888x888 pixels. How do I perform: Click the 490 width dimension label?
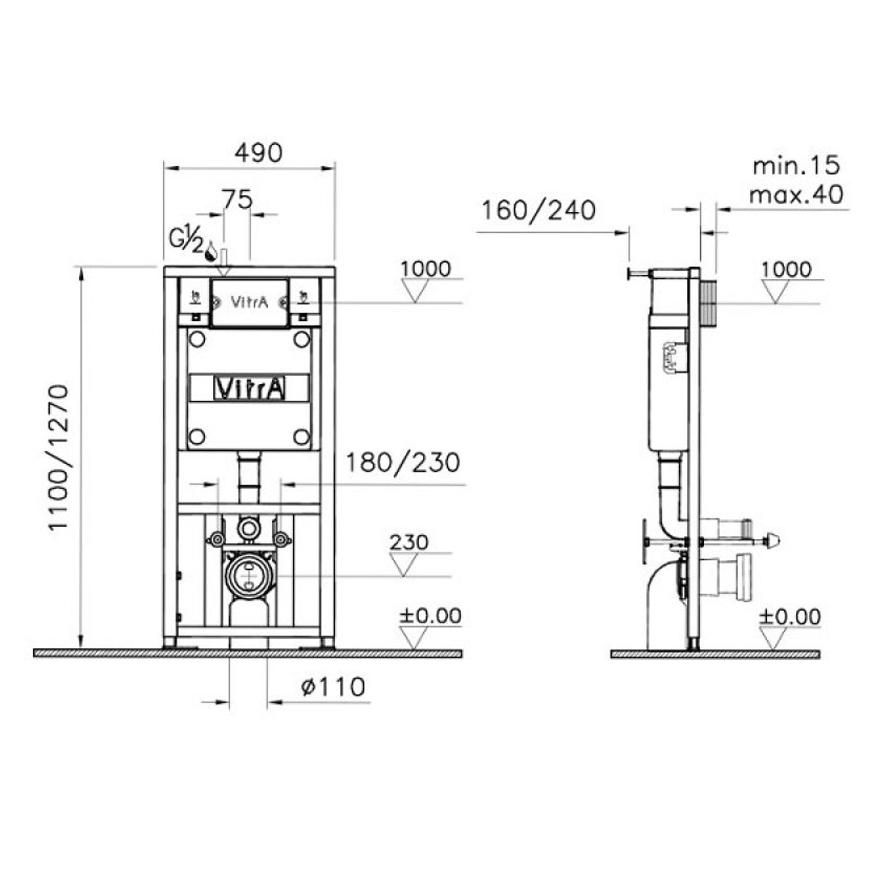coord(258,153)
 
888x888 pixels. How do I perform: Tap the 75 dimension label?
coord(238,200)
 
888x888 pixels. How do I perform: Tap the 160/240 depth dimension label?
coord(538,210)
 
